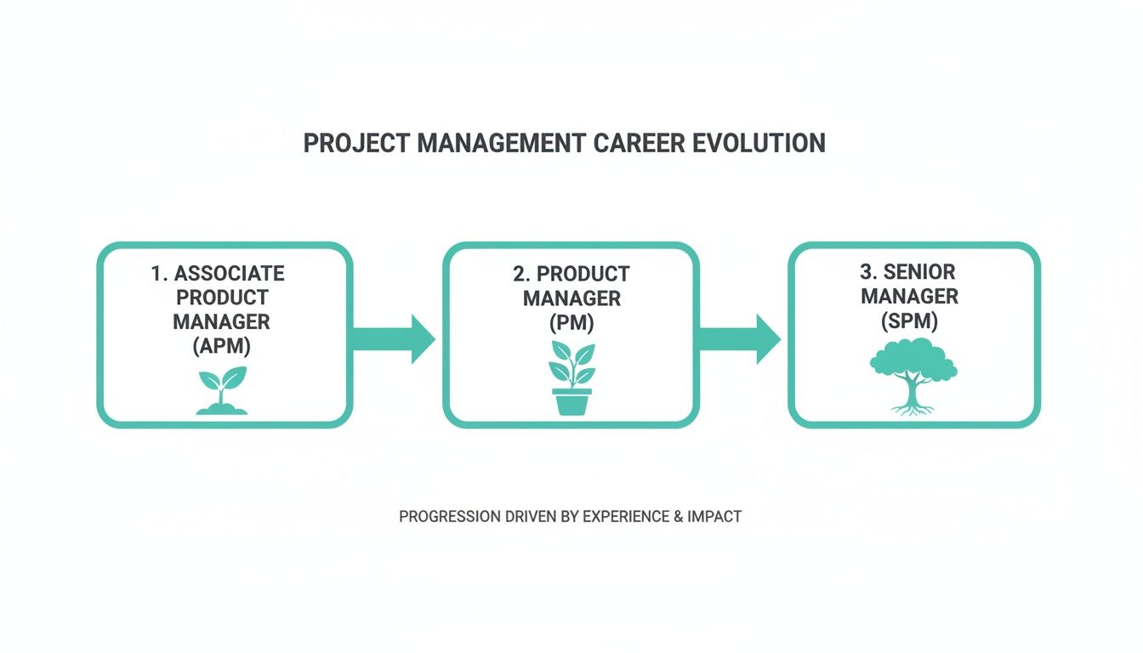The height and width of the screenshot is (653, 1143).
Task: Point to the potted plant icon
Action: [571, 378]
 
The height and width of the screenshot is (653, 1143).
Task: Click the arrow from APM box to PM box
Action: [394, 338]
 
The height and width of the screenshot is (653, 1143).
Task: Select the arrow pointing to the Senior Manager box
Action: [739, 338]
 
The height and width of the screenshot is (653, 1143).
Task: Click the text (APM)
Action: [221, 347]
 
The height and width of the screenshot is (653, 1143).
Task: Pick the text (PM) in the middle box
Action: [571, 323]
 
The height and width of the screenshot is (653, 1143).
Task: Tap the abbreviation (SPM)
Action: [910, 321]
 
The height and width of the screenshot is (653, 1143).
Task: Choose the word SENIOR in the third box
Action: [919, 272]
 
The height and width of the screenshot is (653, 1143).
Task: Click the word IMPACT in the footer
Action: [714, 516]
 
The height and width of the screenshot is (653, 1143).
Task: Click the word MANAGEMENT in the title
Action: [502, 143]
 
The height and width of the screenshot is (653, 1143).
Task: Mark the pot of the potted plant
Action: [571, 401]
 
